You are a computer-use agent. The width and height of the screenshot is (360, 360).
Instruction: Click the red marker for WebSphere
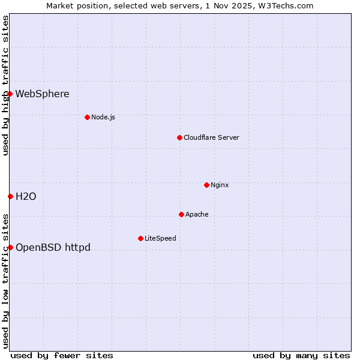tap(10, 94)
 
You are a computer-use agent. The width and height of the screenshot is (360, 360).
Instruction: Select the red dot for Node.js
tap(87, 117)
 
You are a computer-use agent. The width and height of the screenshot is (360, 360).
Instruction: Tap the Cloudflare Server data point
tap(179, 137)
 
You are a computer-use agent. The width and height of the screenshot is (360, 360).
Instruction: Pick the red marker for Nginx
tap(206, 185)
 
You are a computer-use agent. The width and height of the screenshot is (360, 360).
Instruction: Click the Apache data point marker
tap(181, 214)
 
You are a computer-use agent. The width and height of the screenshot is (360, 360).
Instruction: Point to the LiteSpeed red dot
tap(140, 238)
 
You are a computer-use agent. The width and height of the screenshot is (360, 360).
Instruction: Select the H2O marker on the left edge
tap(10, 196)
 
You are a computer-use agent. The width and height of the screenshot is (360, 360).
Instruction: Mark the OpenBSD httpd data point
tap(10, 247)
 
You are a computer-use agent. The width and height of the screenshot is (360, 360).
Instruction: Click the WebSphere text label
tap(42, 94)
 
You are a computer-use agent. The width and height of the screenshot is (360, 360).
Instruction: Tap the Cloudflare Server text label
tap(211, 137)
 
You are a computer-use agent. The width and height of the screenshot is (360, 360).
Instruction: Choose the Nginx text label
tap(220, 185)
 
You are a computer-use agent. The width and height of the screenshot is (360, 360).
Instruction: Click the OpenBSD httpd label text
tap(53, 247)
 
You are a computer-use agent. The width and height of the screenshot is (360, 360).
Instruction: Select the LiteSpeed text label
tap(160, 238)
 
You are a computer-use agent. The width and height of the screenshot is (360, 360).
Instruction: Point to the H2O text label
tap(26, 196)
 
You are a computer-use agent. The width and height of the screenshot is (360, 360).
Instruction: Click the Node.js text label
tap(103, 117)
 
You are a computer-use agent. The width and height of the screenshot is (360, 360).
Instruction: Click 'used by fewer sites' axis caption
tap(62, 355)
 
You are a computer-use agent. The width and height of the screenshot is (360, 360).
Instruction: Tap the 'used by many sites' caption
tap(301, 355)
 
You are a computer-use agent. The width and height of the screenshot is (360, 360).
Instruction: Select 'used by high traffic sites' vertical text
tap(5, 85)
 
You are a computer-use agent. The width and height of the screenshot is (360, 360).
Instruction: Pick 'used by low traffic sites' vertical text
tap(5, 280)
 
